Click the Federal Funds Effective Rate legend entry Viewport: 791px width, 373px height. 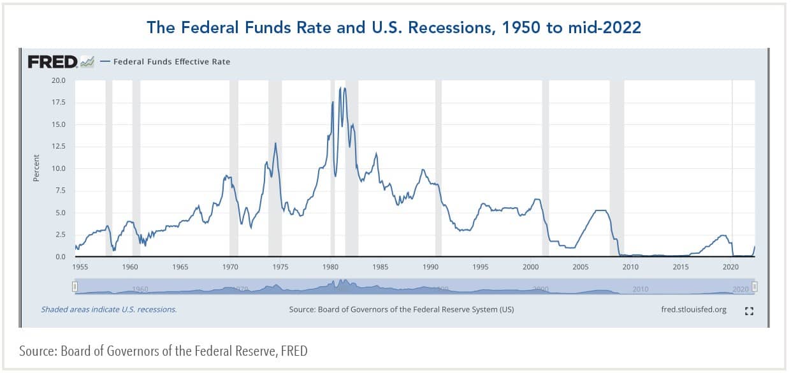pos(171,62)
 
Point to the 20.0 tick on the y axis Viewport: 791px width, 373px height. pos(59,80)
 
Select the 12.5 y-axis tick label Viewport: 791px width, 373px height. pos(59,147)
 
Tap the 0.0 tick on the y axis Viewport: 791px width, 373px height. pos(61,257)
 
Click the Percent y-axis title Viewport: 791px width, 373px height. pos(36,168)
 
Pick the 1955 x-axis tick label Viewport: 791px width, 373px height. pos(80,267)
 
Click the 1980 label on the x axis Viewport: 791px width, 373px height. pos(330,267)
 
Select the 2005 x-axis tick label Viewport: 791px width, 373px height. pos(581,267)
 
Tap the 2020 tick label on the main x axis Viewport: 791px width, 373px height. pos(731,267)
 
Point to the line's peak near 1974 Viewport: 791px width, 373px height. pos(275,143)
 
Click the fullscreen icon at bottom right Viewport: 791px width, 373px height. pos(750,311)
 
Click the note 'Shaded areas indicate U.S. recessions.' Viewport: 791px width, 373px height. pos(109,310)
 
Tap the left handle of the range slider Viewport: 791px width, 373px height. pos(75,288)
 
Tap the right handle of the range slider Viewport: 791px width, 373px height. pos(755,288)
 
